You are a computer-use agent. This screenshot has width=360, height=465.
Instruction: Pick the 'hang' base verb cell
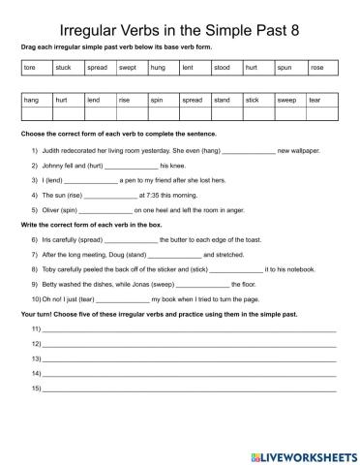[31, 100]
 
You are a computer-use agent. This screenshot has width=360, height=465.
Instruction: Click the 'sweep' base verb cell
[286, 100]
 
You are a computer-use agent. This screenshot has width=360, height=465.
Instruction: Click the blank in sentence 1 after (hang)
[248, 152]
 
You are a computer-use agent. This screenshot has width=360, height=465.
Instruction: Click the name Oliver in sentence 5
[49, 209]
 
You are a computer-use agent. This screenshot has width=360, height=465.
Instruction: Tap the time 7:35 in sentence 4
[155, 195]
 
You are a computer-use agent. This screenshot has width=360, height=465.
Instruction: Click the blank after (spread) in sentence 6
[129, 238]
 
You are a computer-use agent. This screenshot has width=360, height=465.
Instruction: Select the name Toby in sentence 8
[49, 267]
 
